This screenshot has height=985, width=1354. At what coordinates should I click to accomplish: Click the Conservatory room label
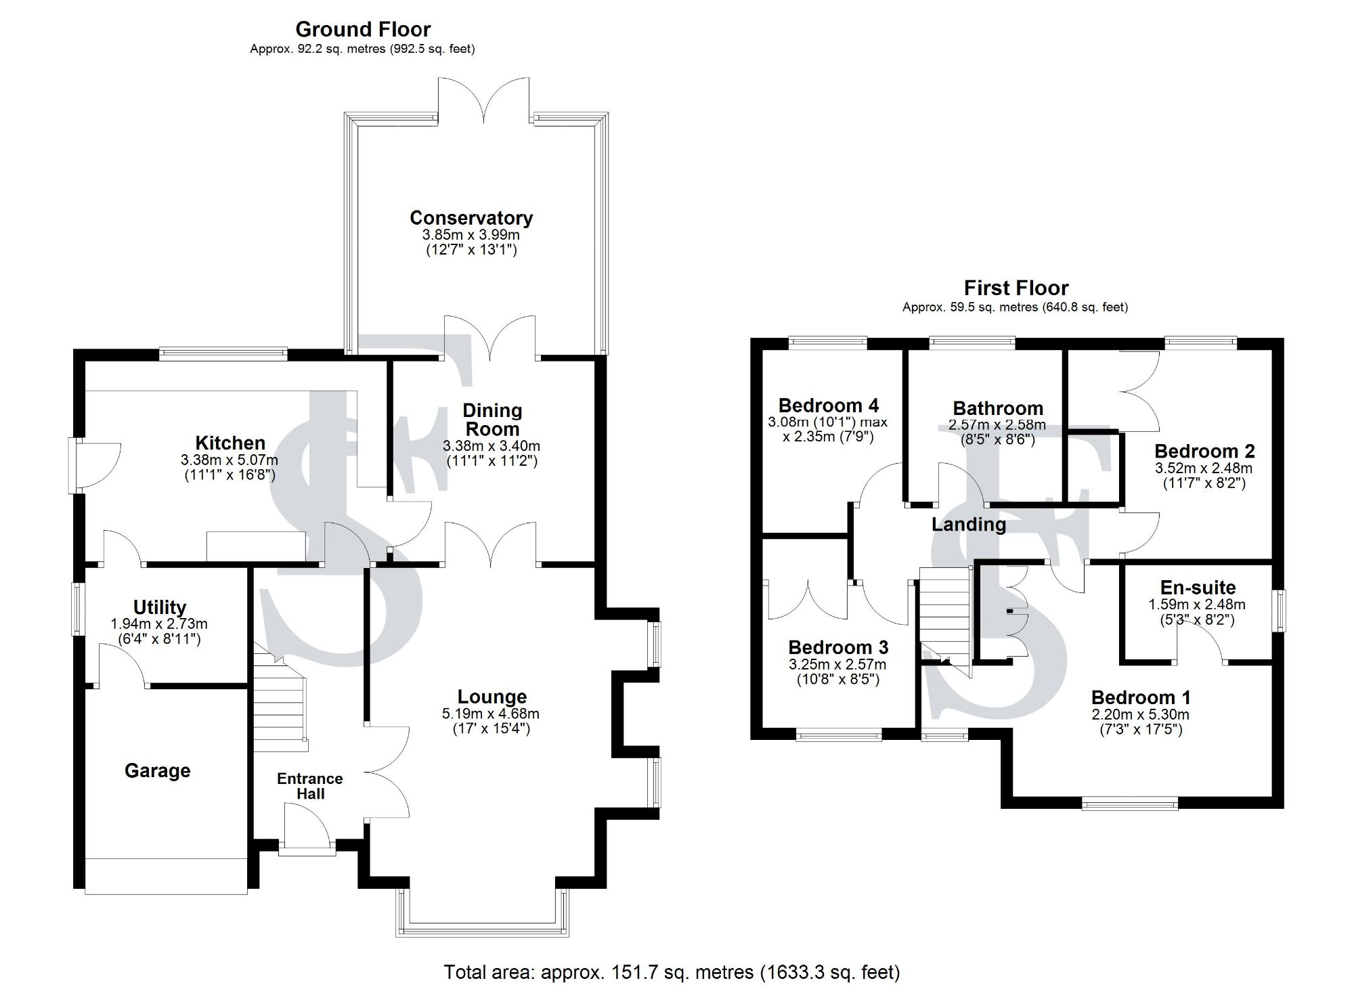pyautogui.click(x=471, y=218)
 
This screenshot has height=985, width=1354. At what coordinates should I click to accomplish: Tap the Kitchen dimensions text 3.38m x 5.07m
pyautogui.click(x=230, y=460)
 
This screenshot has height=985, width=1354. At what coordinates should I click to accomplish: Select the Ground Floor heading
pyautogui.click(x=363, y=30)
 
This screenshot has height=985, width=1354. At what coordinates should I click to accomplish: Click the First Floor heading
pyautogui.click(x=1016, y=288)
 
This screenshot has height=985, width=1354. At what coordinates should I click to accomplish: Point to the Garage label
pyautogui.click(x=157, y=770)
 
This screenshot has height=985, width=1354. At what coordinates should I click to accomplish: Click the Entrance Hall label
pyautogui.click(x=310, y=786)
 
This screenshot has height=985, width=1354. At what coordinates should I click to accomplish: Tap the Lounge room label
pyautogui.click(x=492, y=697)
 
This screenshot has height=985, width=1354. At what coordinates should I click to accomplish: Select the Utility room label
pyautogui.click(x=160, y=607)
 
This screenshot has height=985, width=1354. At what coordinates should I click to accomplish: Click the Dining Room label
pyautogui.click(x=492, y=420)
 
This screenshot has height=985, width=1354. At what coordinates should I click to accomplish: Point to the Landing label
pyautogui.click(x=969, y=524)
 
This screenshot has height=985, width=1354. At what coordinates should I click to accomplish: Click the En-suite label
pyautogui.click(x=1198, y=588)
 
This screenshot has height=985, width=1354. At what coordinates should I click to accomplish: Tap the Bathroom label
pyautogui.click(x=998, y=408)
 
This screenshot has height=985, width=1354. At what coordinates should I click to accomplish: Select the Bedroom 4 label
pyautogui.click(x=829, y=406)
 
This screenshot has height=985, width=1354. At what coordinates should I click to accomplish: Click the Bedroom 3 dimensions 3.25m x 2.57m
pyautogui.click(x=837, y=665)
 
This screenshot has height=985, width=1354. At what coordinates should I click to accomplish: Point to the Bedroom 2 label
pyautogui.click(x=1204, y=451)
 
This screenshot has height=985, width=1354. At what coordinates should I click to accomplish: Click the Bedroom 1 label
pyautogui.click(x=1141, y=697)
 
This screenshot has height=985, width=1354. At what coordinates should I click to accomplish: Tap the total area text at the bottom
pyautogui.click(x=672, y=973)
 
